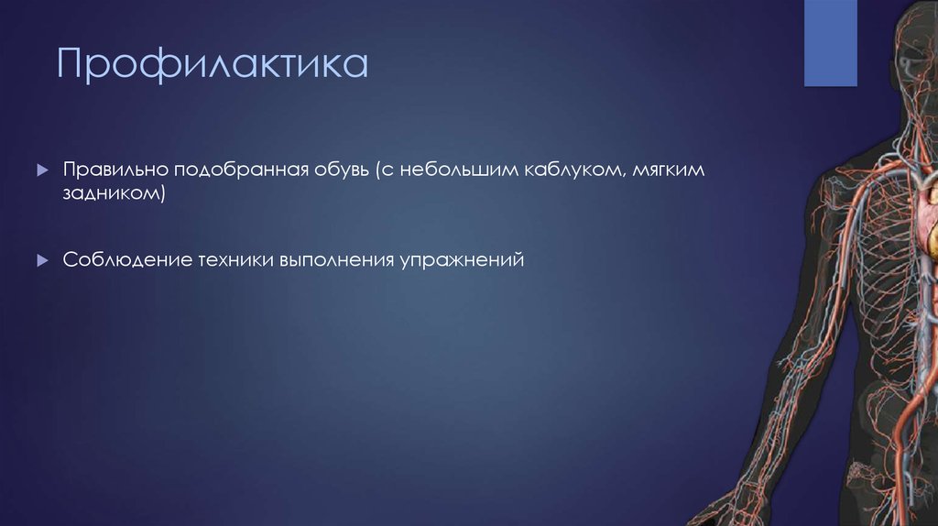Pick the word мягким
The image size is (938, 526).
[x=669, y=171]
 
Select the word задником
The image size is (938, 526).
[x=114, y=195]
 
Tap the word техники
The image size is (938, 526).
[x=234, y=260]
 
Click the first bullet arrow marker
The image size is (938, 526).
[x=42, y=171]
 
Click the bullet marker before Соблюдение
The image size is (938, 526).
[x=42, y=260]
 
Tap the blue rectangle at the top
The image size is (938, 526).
[x=830, y=43]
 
